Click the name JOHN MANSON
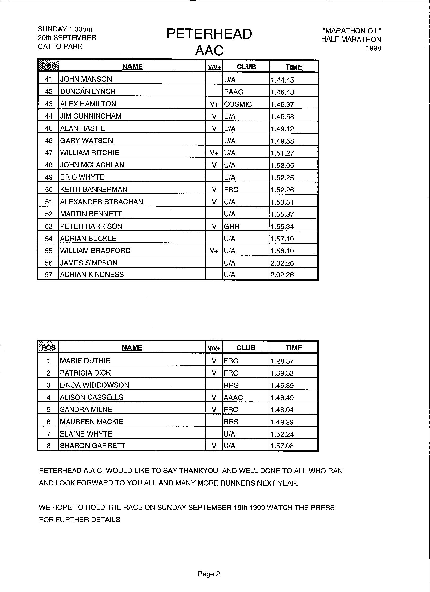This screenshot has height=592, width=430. (x=86, y=79)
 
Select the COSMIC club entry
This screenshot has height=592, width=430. (x=238, y=104)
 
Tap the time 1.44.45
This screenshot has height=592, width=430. (x=282, y=80)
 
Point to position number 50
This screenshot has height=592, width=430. (x=49, y=189)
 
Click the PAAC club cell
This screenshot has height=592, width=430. (x=233, y=92)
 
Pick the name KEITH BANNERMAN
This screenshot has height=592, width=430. (x=94, y=189)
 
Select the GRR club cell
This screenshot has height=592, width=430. (x=231, y=226)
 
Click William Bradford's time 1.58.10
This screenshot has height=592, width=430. (x=282, y=251)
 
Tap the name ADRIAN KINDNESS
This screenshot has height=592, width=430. (x=92, y=274)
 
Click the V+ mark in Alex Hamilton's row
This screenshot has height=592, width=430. (x=214, y=104)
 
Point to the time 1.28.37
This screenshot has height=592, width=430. (x=282, y=361)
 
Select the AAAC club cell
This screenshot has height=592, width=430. (x=233, y=398)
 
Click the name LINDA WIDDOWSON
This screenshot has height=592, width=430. (x=94, y=385)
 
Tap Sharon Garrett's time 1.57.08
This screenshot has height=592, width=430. (x=282, y=446)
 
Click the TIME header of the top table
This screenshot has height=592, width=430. (x=294, y=67)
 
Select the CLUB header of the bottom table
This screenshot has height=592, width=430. (x=246, y=348)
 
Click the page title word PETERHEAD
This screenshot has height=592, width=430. (x=209, y=34)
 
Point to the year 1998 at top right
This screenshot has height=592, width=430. (x=373, y=48)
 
